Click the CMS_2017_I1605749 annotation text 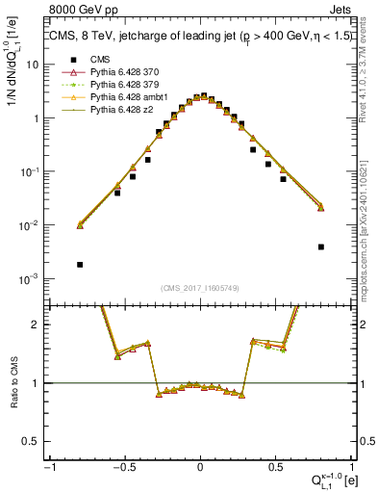[x=200, y=288]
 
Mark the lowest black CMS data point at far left [x=80, y=264]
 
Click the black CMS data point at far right [x=320, y=246]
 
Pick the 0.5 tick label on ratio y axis [x=35, y=441]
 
